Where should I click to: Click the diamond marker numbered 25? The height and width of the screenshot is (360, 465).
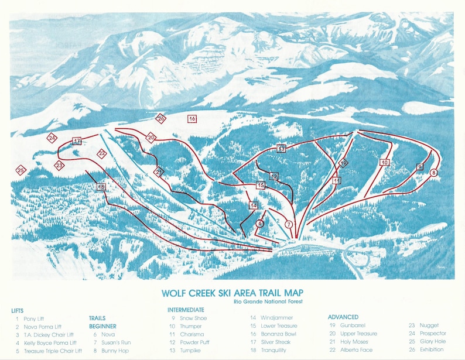coord(21,170)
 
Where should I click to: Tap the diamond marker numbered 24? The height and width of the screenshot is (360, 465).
coord(52,138)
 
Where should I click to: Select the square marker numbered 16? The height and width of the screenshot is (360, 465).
coord(192,119)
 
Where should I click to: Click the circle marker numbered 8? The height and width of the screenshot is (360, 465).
coord(434,173)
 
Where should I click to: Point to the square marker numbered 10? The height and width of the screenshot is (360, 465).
coord(384,162)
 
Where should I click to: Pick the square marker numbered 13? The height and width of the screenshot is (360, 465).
coord(282,149)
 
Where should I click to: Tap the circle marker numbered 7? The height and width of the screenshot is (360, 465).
coord(288,224)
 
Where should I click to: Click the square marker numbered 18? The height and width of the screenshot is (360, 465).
coord(101,187)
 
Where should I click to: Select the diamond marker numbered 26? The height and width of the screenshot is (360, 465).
coord(161,118)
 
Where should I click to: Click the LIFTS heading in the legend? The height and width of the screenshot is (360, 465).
coord(18,310)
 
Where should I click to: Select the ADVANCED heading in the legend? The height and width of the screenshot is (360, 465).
coord(343,317)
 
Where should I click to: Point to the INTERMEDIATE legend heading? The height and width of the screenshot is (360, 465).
coord(186,310)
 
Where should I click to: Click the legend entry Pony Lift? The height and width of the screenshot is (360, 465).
coord(33,318)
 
